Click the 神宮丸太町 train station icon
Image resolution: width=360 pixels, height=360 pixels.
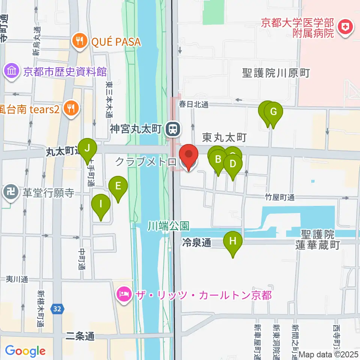click(x=173, y=129)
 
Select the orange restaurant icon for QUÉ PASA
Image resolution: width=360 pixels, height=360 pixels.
click(x=79, y=41)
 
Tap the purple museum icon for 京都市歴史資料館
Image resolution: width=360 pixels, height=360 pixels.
click(x=12, y=71)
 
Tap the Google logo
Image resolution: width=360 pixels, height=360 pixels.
click(x=25, y=351)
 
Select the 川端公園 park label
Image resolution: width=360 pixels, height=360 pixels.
click(x=168, y=226)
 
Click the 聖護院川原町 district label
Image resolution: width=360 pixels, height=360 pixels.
click(x=276, y=73)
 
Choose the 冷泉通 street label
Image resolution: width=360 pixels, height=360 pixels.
click(x=196, y=243)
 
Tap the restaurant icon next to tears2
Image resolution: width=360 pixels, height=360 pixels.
click(x=70, y=108)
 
